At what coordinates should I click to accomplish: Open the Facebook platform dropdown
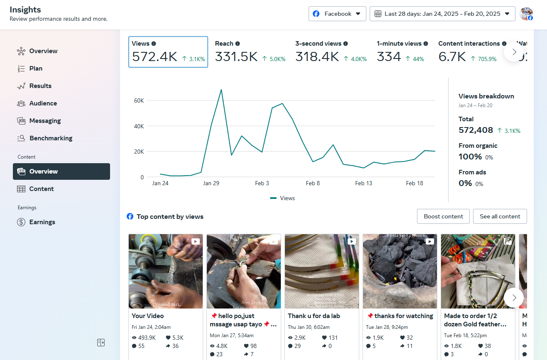point(337,14)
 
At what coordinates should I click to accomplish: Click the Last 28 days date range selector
point(442,14)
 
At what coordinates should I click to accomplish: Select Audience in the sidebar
point(43,103)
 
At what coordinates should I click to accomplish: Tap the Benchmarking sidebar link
point(51,138)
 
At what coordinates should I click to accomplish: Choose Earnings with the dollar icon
point(42,222)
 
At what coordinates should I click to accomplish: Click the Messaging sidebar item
point(45,121)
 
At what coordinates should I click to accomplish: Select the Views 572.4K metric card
point(168,52)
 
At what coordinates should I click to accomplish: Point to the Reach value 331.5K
point(236,56)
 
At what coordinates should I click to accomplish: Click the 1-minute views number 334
point(389,56)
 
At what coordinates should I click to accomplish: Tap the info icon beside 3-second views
point(346,44)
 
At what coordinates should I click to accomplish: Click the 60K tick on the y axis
point(139,100)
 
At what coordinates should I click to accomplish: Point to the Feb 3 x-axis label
point(262,183)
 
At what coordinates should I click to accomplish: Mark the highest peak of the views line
point(221,89)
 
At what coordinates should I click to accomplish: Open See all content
point(500,216)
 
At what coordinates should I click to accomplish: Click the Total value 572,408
point(476,130)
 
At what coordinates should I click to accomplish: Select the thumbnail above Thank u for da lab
point(322,271)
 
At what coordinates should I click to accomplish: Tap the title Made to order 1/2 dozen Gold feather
point(475,320)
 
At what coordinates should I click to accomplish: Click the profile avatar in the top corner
point(526,14)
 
